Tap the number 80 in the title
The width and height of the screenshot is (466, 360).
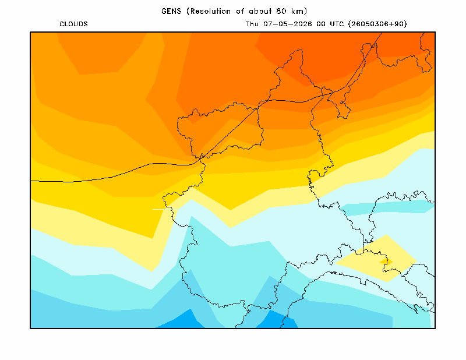[x=281, y=11]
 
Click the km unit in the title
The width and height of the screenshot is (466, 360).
[x=298, y=11]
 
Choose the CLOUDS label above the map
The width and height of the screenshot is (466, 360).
[x=73, y=24]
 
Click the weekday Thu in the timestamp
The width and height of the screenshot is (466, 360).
[x=252, y=24]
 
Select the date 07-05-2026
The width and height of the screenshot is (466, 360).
[x=288, y=24]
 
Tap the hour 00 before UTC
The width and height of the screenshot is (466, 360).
[x=321, y=24]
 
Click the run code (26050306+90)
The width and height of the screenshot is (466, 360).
[x=377, y=24]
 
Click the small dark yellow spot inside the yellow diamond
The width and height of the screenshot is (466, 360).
[x=386, y=262]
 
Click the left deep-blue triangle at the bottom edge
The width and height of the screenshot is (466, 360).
[x=182, y=320]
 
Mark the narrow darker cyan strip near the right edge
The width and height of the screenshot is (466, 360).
[x=386, y=207]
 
